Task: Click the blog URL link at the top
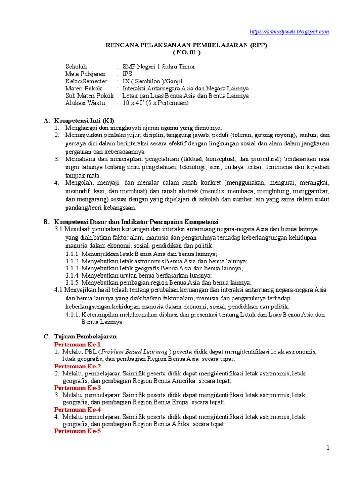pyautogui.click(x=289, y=31)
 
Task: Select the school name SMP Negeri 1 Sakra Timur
pyautogui.click(x=158, y=67)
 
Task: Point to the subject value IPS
pyautogui.click(x=127, y=74)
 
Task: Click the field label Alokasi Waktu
pyautogui.click(x=85, y=103)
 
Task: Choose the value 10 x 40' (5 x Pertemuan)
pyautogui.click(x=155, y=103)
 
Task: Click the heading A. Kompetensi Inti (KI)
pyautogui.click(x=84, y=120)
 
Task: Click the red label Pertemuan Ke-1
pyautogui.click(x=77, y=344)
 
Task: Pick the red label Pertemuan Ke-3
pyautogui.click(x=77, y=388)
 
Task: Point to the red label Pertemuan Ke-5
pyautogui.click(x=77, y=431)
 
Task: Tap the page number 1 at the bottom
pyautogui.click(x=328, y=448)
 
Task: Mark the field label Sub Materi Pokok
pyautogui.click(x=89, y=96)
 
